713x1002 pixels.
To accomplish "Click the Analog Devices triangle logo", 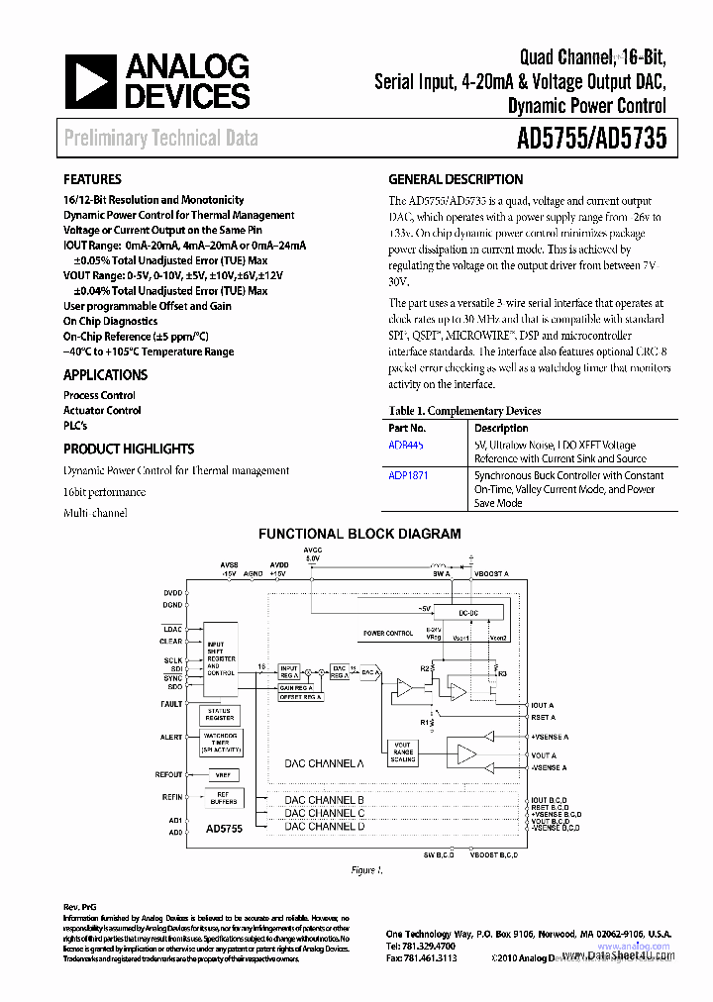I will click(x=91, y=82).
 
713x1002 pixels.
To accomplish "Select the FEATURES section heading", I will click(x=92, y=179).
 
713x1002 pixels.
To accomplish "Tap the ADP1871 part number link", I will click(x=409, y=475).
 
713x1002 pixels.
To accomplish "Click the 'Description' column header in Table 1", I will click(x=501, y=428).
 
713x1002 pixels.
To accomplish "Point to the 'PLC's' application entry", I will click(x=75, y=425).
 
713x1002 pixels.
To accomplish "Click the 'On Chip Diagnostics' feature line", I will click(x=110, y=321).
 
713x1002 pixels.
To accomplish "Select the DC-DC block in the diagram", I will click(x=468, y=614).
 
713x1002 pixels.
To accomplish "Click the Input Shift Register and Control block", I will click(x=221, y=657).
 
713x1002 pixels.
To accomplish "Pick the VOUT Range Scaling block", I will click(x=403, y=752).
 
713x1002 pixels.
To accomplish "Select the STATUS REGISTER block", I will click(x=221, y=714).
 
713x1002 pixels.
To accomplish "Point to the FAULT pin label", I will click(x=171, y=704).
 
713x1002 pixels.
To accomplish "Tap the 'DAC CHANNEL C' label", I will click(x=324, y=813).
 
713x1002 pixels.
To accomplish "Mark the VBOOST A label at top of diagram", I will click(x=491, y=573).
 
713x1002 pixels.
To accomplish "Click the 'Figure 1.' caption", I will click(x=365, y=870).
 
